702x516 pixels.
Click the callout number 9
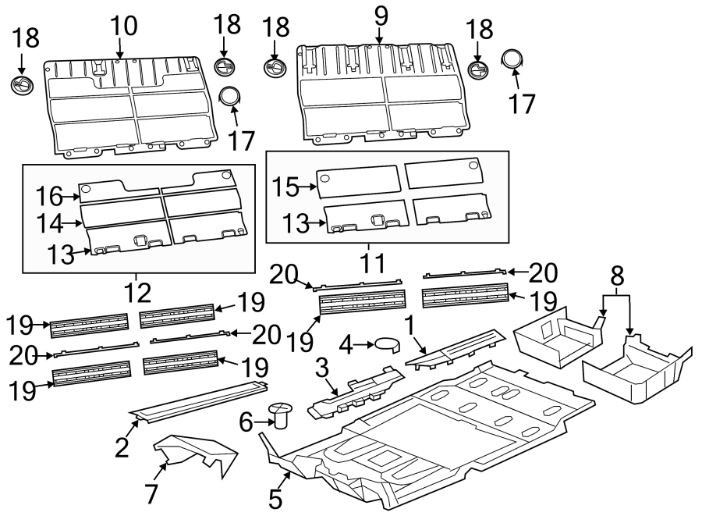coord(380,14)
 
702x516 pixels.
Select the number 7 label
coord(151,493)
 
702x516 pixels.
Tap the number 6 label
coord(246,423)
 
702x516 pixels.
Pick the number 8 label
coord(617,274)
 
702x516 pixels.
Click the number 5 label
coord(275,498)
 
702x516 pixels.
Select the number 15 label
coord(286,187)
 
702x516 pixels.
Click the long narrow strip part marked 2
coord(199,397)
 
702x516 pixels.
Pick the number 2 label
coord(121,447)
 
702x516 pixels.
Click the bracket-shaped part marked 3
coord(355,391)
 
